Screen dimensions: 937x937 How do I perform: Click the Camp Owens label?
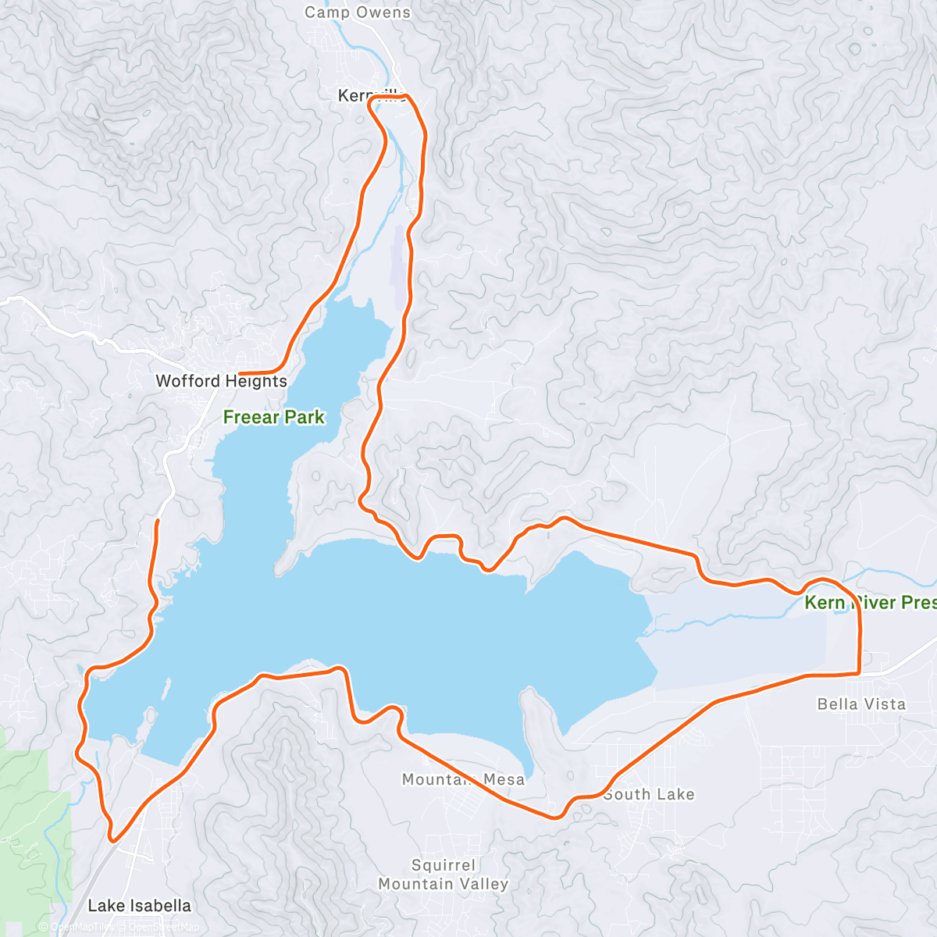[x=357, y=12]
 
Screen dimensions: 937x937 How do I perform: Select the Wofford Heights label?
[x=221, y=381]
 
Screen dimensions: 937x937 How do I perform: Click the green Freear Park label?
[x=273, y=417]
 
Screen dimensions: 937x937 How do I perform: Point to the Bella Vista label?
[x=861, y=704]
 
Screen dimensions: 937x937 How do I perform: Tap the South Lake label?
[x=648, y=794]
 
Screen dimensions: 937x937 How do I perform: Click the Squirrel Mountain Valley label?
[x=443, y=875]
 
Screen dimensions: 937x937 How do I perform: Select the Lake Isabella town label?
[x=139, y=906]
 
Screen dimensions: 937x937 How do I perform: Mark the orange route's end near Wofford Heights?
[x=240, y=374]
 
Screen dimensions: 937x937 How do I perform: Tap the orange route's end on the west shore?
[x=159, y=521]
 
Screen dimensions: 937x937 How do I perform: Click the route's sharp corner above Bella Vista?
[x=858, y=672]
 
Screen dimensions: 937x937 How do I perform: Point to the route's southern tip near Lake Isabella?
[x=113, y=840]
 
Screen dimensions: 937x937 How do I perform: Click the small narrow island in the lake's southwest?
[x=166, y=689]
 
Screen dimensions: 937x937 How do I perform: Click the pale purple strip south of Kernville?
[x=401, y=265]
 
